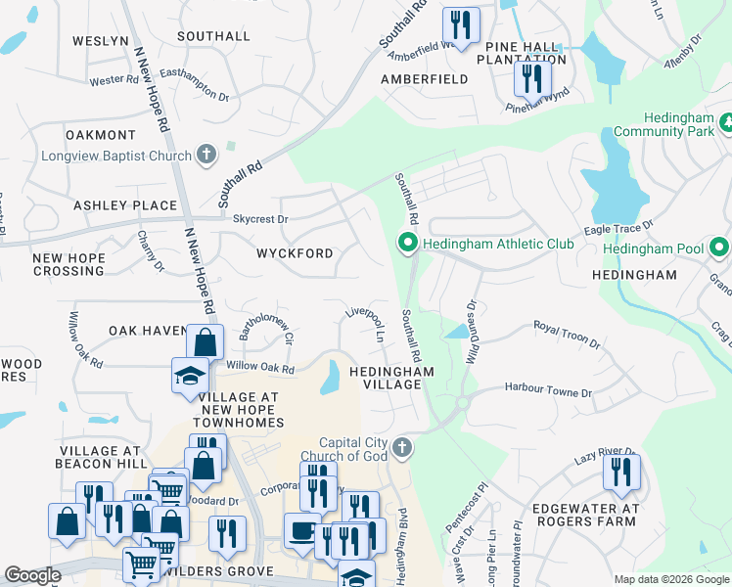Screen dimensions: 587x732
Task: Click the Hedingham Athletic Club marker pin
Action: click(408, 243)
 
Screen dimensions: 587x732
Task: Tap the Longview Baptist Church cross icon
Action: click(206, 154)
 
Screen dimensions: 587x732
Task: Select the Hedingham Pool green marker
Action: click(719, 248)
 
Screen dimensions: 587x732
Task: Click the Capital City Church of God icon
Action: click(401, 448)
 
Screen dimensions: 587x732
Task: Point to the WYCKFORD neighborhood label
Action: click(295, 253)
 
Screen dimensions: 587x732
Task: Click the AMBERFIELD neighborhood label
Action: click(425, 79)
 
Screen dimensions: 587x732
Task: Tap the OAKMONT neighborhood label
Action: click(100, 135)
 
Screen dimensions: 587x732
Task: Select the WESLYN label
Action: click(100, 40)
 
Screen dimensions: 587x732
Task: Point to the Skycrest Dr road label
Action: click(259, 219)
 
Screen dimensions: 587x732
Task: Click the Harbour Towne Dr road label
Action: click(548, 390)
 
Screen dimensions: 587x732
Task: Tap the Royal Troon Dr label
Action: click(567, 333)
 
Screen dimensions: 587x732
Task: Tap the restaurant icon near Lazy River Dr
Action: click(621, 473)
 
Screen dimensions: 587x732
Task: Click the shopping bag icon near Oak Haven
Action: click(205, 343)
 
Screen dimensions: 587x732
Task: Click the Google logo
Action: click(32, 575)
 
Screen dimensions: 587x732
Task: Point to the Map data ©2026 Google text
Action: click(670, 579)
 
